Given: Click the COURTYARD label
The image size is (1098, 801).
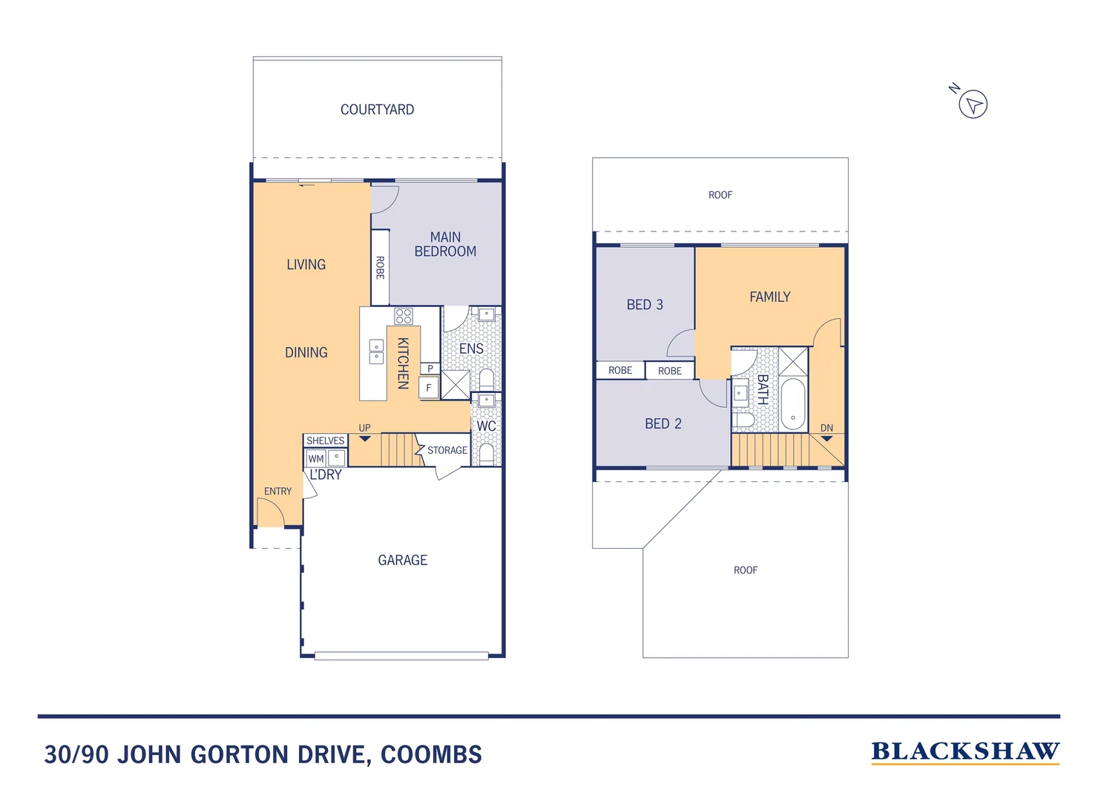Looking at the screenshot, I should point(377,110).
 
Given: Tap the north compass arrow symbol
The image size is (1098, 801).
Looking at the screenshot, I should point(973,104).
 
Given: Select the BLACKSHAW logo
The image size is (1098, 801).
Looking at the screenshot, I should point(964,752).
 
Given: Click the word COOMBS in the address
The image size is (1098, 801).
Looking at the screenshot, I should point(431,755).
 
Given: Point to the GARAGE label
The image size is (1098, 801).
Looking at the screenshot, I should point(402,561).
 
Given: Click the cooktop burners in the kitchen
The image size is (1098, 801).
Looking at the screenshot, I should point(404,317).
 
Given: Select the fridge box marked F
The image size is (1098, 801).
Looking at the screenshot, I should point(428,388).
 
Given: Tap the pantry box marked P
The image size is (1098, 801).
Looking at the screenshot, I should point(430,369).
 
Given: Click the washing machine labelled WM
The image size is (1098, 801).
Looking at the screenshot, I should point(316,459).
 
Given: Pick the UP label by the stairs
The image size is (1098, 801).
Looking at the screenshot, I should point(364,428).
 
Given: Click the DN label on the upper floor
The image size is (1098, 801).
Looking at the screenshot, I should point(826,428).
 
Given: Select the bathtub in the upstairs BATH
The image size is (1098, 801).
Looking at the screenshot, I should point(792,404).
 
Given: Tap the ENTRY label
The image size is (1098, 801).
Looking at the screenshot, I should point(277,492).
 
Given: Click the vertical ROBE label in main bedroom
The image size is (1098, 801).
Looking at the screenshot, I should point(380,267).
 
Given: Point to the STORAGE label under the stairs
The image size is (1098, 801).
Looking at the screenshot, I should point(447,450).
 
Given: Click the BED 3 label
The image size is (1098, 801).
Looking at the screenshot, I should point(645,305).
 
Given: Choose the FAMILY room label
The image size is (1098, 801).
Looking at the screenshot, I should point(769,297).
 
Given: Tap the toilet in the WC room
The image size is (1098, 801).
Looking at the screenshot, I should point(487,452).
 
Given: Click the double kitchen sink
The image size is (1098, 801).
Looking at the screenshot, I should point(376,352).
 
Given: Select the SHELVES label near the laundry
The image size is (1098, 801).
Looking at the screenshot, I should point(325,441).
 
